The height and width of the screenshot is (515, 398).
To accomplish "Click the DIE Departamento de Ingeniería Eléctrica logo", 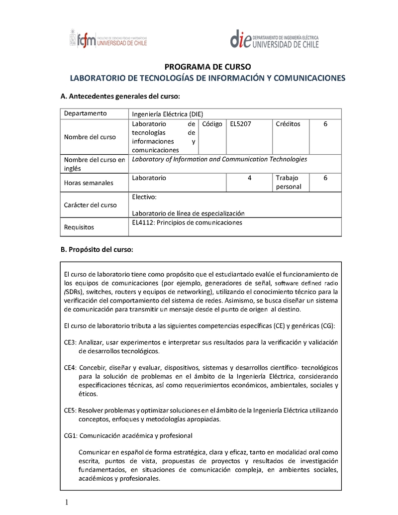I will tap(274, 39).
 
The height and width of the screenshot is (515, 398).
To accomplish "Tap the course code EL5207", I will tap(241, 124).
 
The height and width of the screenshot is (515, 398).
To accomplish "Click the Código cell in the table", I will tap(212, 124).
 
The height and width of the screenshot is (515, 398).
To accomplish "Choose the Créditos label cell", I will tap(288, 124).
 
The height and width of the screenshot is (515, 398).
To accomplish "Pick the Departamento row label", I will tap(85, 113).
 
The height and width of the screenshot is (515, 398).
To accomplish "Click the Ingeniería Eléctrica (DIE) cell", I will tap(168, 113).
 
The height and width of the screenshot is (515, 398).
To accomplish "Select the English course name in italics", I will tap(219, 159).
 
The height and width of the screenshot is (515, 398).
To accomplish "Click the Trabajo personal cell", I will tap(289, 182).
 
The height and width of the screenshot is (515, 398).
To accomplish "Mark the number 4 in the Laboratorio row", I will tap(249, 178).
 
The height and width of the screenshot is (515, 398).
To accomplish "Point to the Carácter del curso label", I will tap(90, 205).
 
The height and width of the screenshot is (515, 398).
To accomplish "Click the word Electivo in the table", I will tap(144, 197).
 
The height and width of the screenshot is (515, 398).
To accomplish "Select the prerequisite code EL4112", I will tap(143, 222).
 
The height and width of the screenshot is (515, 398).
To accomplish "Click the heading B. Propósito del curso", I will tap(97, 249).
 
